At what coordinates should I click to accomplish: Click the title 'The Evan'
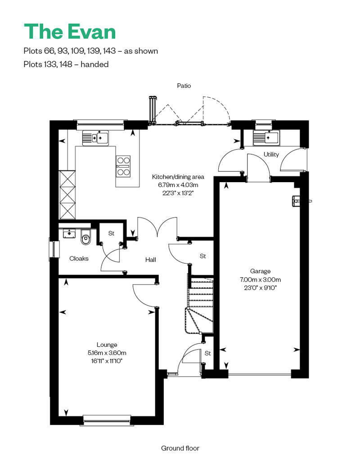[70, 31]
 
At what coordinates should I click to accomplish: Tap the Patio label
[184, 85]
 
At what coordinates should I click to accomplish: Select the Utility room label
[271, 154]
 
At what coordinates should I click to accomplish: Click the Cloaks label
[79, 259]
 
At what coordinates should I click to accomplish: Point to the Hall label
[151, 260]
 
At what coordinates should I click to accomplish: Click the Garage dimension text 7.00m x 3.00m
[261, 279]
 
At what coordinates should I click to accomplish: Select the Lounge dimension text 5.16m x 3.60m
[107, 353]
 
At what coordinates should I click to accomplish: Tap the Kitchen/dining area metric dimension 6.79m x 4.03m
[178, 185]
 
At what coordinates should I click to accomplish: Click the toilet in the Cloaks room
[85, 237]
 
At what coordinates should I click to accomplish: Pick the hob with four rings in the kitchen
[123, 166]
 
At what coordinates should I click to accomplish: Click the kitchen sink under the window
[95, 138]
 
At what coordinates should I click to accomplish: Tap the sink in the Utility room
[266, 138]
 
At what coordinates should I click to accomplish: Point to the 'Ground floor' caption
[180, 448]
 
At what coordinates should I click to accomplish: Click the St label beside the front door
[207, 353]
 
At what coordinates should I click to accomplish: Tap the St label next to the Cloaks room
[111, 233]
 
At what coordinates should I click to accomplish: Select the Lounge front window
[107, 420]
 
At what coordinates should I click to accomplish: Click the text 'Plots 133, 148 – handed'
[66, 64]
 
